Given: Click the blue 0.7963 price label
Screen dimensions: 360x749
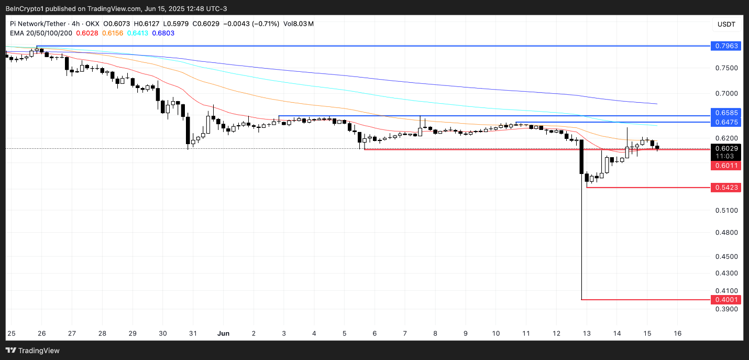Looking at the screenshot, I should coord(726,46).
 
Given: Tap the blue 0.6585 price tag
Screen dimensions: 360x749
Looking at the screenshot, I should coord(726,113).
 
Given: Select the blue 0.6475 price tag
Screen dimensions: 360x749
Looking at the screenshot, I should coord(726,122).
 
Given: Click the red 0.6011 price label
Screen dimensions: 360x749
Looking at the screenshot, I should coord(726,166).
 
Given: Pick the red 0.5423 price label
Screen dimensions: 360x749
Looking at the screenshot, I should coord(726,187).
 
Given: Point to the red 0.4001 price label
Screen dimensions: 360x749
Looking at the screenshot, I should coord(726,300).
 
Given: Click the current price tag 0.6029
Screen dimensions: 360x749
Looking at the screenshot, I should coord(726,148).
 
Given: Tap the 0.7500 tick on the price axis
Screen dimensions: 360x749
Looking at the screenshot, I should coord(726,68).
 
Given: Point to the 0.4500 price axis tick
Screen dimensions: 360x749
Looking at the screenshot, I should coord(726,257).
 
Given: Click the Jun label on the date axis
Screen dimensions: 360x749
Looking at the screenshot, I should coord(224,333).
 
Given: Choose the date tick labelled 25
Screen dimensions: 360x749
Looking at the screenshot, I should coord(12,333).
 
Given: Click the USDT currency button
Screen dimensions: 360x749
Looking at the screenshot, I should coord(726,25).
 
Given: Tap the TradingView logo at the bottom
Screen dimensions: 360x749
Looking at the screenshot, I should coord(32,351).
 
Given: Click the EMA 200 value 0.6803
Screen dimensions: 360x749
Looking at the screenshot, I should coord(163,33).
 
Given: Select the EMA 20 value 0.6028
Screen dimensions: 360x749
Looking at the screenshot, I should coord(87,33).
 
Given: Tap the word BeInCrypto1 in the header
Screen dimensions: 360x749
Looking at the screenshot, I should coord(27,8).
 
